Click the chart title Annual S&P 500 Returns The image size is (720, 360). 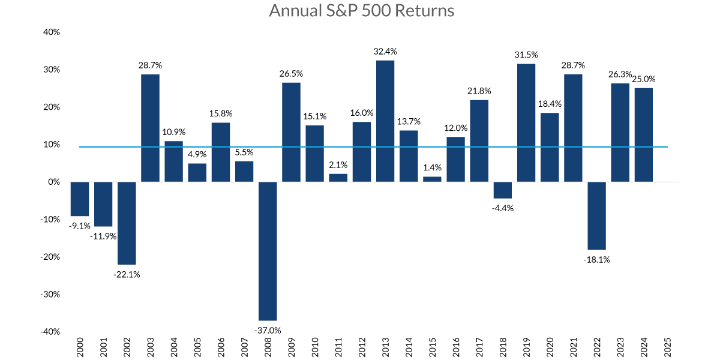pyautogui.click(x=362, y=11)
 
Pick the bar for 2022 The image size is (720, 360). pyautogui.click(x=597, y=215)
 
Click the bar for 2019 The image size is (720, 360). pyautogui.click(x=526, y=122)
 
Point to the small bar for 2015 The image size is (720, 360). pyautogui.click(x=432, y=179)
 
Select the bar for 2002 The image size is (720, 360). pyautogui.click(x=127, y=223)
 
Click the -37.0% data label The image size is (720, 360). pyautogui.click(x=268, y=329)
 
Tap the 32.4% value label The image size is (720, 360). pyautogui.click(x=385, y=52)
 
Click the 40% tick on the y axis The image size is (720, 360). pyautogui.click(x=52, y=32)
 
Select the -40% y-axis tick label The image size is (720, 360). pyautogui.click(x=50, y=332)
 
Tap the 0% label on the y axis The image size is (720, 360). pyautogui.click(x=54, y=182)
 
